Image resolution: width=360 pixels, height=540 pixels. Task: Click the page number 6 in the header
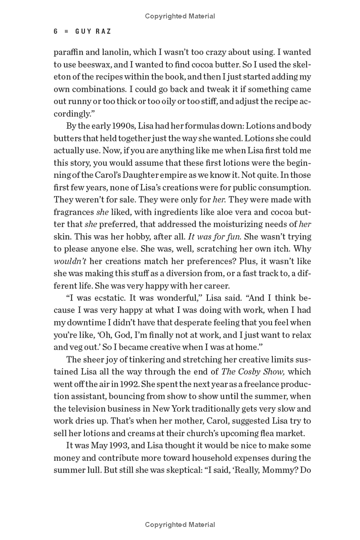tap(56, 31)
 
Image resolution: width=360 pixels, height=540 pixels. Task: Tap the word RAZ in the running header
tap(103, 31)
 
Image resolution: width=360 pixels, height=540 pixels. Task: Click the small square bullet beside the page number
tap(67, 31)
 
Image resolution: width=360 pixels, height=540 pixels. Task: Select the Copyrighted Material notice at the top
tap(180, 16)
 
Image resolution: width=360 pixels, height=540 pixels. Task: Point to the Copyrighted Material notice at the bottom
tap(180, 524)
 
